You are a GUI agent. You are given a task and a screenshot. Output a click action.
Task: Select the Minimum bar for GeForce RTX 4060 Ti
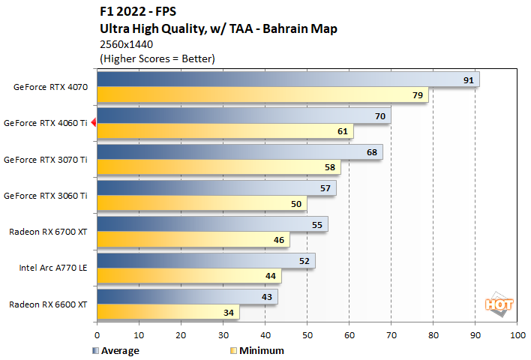pyautogui.click(x=225, y=131)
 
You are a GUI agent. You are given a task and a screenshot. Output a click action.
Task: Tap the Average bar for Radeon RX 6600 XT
pyautogui.click(x=187, y=297)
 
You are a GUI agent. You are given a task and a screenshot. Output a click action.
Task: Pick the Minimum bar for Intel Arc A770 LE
pyautogui.click(x=189, y=275)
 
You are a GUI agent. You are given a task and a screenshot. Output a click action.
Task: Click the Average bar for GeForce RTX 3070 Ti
pyautogui.click(x=240, y=151)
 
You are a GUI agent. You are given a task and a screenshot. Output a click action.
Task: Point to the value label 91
pyautogui.click(x=468, y=79)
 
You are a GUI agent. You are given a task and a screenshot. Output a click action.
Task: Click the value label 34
pyautogui.click(x=228, y=312)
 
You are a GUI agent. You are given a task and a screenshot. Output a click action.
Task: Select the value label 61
pyautogui.click(x=342, y=131)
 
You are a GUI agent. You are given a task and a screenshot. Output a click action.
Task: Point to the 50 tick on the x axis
pyautogui.click(x=307, y=336)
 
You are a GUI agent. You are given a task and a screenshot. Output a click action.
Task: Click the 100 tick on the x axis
pyautogui.click(x=516, y=336)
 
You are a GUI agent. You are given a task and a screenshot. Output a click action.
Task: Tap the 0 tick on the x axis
pyautogui.click(x=97, y=336)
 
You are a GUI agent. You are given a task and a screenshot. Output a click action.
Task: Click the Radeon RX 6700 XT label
pyautogui.click(x=48, y=232)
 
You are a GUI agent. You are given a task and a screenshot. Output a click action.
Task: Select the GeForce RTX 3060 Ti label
pyautogui.click(x=46, y=195)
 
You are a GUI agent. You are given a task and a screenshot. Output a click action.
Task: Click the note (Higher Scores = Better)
pyautogui.click(x=157, y=58)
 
